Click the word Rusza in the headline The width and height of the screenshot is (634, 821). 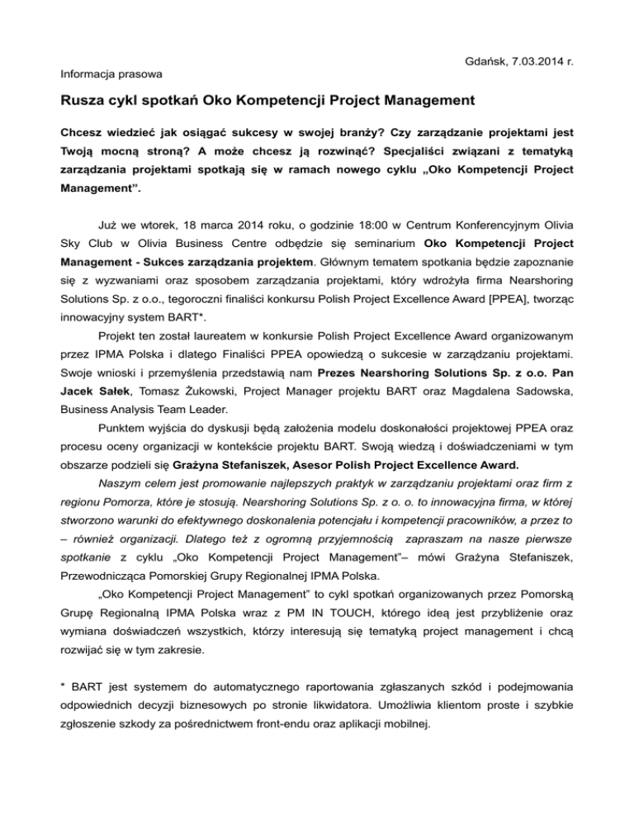click(x=83, y=103)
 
